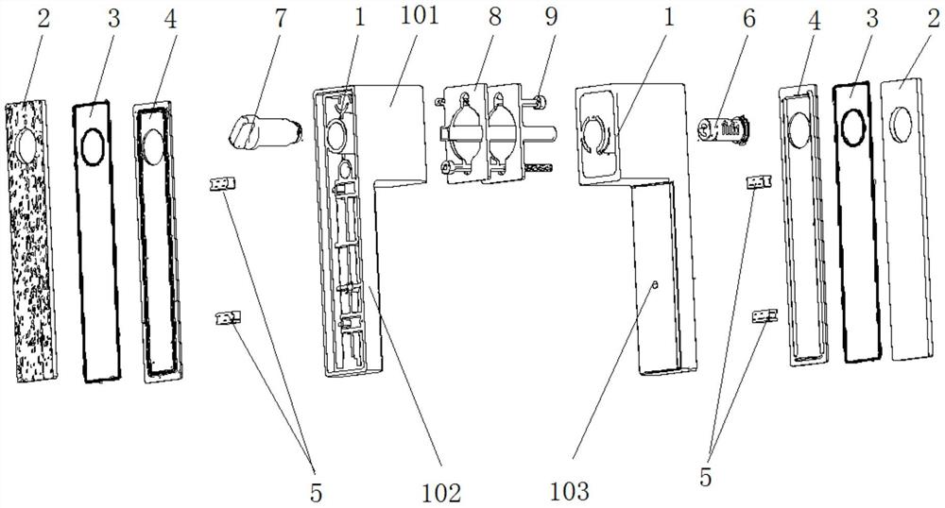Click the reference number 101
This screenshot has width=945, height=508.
[x=416, y=18]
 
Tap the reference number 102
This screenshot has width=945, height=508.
[x=440, y=491]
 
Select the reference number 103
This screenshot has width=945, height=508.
[x=570, y=491]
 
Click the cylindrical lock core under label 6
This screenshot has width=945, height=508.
[x=723, y=129]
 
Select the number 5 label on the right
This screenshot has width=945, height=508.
[x=706, y=477]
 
